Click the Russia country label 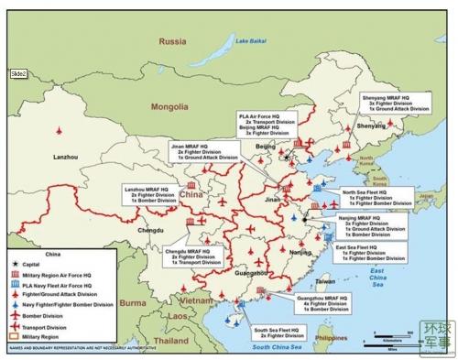pos(171,41)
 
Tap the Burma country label pos(136,303)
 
